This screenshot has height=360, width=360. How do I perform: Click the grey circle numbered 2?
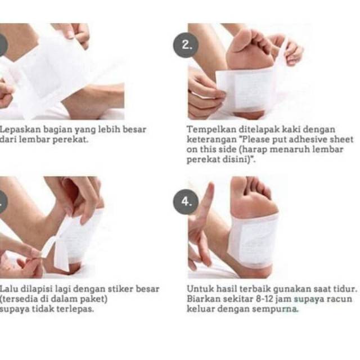click(186, 45)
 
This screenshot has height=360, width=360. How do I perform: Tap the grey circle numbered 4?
click(186, 202)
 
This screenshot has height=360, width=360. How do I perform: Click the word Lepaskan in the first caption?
click(20, 130)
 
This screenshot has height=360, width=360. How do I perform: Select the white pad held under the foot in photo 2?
click(246, 89)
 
